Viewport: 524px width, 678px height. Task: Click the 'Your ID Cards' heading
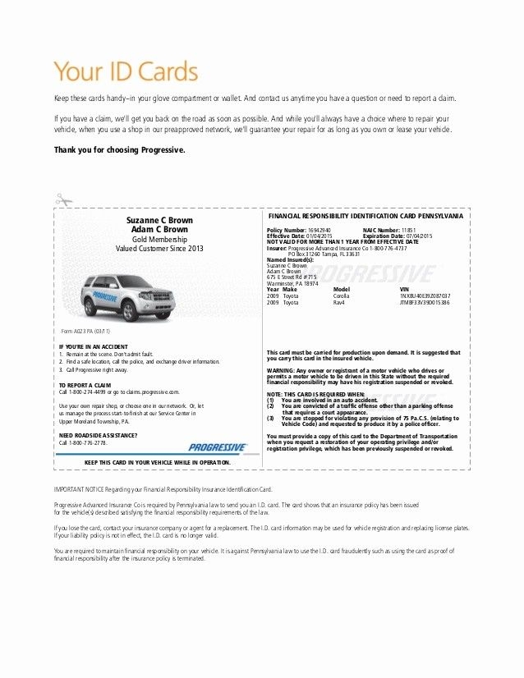(126, 71)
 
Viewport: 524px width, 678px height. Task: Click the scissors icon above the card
(64, 199)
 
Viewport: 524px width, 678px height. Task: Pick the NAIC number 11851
(408, 230)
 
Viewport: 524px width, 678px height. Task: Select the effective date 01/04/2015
(319, 236)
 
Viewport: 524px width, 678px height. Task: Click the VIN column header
(403, 290)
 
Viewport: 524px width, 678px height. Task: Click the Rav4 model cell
(339, 303)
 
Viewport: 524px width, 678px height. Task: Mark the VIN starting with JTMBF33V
(424, 303)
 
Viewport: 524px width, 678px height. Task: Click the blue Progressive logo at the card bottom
(217, 447)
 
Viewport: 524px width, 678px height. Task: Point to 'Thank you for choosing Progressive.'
(120, 150)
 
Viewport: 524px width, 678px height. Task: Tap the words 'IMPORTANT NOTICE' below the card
(78, 488)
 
